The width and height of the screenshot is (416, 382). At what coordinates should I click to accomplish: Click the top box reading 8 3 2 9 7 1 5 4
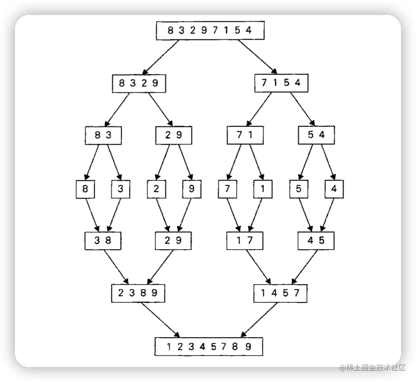(x=210, y=30)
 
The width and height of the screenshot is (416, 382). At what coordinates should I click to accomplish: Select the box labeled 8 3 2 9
(x=139, y=83)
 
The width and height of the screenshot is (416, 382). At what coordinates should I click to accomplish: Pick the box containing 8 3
(x=103, y=135)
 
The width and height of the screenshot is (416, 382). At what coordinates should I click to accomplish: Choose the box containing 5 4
(x=316, y=135)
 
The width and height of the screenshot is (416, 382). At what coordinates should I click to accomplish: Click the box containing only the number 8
(x=86, y=189)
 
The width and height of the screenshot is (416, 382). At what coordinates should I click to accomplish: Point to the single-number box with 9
(x=192, y=189)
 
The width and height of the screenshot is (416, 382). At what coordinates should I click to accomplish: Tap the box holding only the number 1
(x=263, y=189)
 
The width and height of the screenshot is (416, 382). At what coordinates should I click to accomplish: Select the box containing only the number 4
(x=334, y=189)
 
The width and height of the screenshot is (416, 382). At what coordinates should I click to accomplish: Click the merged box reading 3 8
(x=103, y=241)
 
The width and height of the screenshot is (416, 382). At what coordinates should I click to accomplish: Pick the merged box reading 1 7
(x=245, y=241)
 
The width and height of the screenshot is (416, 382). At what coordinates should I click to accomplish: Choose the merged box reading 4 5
(x=316, y=241)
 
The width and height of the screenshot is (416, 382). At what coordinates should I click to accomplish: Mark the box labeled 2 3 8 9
(x=138, y=293)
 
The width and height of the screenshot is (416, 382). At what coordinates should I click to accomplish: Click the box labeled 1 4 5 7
(x=280, y=293)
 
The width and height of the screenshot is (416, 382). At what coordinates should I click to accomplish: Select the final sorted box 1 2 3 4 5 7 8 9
(x=209, y=347)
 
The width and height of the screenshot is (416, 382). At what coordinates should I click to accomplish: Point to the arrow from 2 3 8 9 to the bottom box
(x=160, y=319)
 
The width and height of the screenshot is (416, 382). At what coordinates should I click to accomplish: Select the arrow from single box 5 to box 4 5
(x=305, y=215)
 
